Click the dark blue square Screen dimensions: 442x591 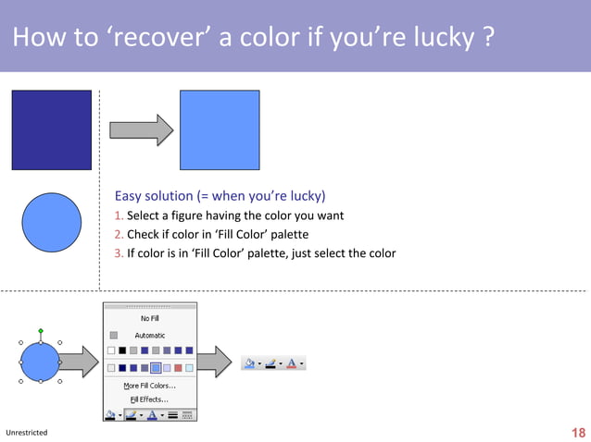point(51,129)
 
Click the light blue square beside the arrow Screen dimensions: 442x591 point(220,129)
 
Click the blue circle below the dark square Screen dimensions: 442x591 point(51,219)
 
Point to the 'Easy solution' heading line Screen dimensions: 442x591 point(220,196)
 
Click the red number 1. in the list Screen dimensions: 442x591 point(119,215)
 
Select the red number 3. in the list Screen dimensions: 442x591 point(119,253)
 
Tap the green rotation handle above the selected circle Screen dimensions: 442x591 point(40,330)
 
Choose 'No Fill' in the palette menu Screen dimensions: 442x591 point(149,318)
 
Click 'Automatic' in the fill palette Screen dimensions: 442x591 point(149,335)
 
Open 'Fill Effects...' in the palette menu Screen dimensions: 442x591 point(149,399)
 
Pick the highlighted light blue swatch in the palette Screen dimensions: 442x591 point(156,368)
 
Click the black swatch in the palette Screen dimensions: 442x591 point(122,350)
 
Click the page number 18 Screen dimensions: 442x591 point(579,433)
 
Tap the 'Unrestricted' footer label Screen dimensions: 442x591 point(26,433)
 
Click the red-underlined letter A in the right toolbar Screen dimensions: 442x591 point(292,364)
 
